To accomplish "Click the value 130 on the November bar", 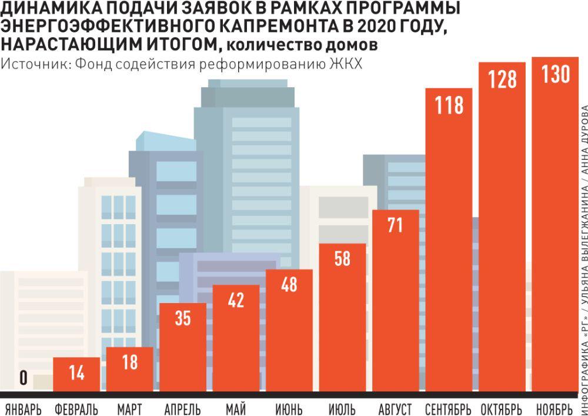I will pyautogui.click(x=556, y=75).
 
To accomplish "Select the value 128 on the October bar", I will pyautogui.click(x=502, y=79).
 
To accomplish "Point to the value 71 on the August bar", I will pyautogui.click(x=395, y=225).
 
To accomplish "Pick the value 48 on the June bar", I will pyautogui.click(x=289, y=285).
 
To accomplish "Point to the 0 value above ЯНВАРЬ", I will pyautogui.click(x=23, y=379).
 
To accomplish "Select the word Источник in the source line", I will pyautogui.click(x=32, y=64).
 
